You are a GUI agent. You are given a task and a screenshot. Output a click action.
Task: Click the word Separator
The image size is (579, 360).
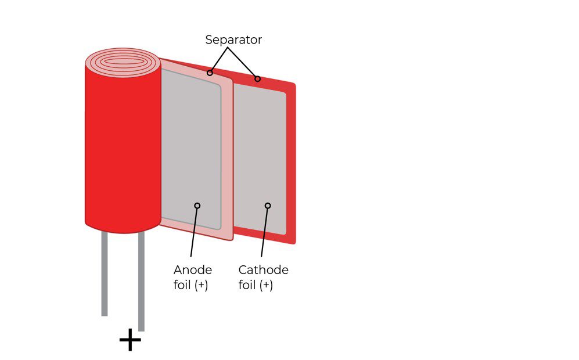pyautogui.click(x=233, y=40)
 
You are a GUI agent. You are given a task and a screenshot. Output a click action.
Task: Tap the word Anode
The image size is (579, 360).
pyautogui.click(x=193, y=270)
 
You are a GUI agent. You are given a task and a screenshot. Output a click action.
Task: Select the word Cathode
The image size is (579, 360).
pyautogui.click(x=263, y=270)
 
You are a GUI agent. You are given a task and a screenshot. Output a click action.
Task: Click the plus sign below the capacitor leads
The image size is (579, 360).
pyautogui.click(x=130, y=340)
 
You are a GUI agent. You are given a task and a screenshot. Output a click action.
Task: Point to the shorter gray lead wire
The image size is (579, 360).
pyautogui.click(x=105, y=273)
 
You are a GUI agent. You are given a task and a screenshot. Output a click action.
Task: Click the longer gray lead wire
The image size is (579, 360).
pyautogui.click(x=141, y=281)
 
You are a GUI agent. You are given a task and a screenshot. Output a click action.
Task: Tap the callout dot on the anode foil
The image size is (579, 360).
pyautogui.click(x=197, y=206)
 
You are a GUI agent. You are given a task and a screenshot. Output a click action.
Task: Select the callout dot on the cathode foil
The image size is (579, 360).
pyautogui.click(x=268, y=206)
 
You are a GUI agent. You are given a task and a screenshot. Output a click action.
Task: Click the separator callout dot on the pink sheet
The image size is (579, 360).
pyautogui.click(x=210, y=73)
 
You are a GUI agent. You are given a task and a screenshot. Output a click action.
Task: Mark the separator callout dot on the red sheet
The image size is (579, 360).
pyautogui.click(x=257, y=78)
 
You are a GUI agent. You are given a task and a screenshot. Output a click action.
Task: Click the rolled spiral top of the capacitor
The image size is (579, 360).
pyautogui.click(x=123, y=62)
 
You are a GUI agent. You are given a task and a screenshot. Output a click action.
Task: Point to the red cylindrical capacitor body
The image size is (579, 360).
pyautogui.click(x=123, y=147)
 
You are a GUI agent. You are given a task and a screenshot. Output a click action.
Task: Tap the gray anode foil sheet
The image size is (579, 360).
pyautogui.click(x=190, y=147)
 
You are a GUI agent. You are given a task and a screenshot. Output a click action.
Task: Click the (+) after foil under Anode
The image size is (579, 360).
pyautogui.click(x=202, y=286)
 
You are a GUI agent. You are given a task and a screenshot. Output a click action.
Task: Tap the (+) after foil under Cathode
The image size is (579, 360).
pyautogui.click(x=267, y=286)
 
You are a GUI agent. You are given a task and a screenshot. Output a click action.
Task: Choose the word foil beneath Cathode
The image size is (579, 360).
pyautogui.click(x=247, y=285)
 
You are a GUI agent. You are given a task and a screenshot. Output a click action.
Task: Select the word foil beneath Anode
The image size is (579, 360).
pyautogui.click(x=182, y=285)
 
